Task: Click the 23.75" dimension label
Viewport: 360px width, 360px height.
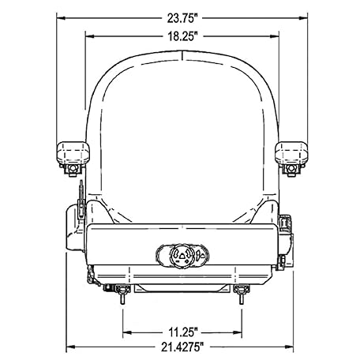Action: click(182, 18)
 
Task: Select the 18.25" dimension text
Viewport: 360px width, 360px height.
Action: click(182, 36)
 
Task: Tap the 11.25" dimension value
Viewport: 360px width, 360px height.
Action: click(183, 332)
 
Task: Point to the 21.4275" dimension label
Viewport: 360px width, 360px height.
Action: click(182, 347)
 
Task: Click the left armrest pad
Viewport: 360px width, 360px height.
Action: click(73, 153)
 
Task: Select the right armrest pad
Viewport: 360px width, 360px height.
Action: click(291, 153)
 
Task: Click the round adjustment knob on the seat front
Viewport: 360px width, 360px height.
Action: click(182, 255)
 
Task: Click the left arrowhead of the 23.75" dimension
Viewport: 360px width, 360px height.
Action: click(61, 18)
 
